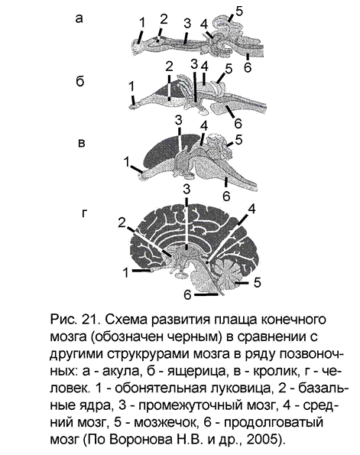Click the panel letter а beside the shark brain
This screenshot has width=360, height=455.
tap(79, 18)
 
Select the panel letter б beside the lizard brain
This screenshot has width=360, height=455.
tap(80, 81)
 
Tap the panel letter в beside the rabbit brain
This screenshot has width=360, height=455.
tap(82, 143)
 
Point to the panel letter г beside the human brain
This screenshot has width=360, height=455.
tap(84, 213)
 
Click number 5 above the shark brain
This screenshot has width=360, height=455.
tap(239, 11)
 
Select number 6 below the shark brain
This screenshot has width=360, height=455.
tap(248, 67)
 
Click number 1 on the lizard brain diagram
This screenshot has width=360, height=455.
tap(131, 86)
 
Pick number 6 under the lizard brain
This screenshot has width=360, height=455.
tap(238, 123)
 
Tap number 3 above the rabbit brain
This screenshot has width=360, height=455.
tap(178, 120)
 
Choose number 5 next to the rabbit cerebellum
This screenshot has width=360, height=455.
tap(238, 140)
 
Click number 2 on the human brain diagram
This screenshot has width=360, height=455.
tap(122, 223)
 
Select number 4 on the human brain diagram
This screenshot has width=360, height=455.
tap(251, 209)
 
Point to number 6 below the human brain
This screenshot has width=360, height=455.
tap(187, 295)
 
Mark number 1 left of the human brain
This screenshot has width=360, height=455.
tap(125, 273)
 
